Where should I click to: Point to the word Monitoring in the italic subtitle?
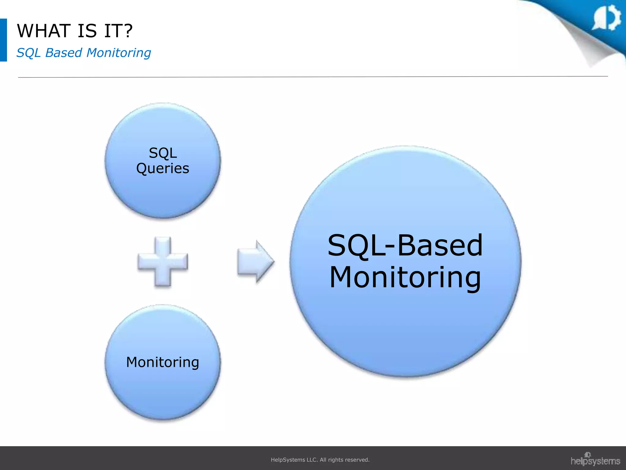click(x=119, y=53)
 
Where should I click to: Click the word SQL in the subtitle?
click(x=28, y=53)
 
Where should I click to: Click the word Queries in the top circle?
click(x=163, y=169)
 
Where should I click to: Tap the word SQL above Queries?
click(x=163, y=153)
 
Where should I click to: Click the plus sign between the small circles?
click(x=163, y=262)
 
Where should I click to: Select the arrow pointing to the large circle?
click(x=256, y=262)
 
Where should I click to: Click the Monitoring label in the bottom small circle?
click(x=163, y=362)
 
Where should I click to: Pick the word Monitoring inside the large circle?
click(x=405, y=277)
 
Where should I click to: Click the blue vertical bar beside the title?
click(x=3, y=40)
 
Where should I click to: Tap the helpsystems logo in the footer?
click(x=595, y=460)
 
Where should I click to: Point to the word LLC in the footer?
click(x=312, y=460)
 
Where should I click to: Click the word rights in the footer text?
click(x=336, y=460)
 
